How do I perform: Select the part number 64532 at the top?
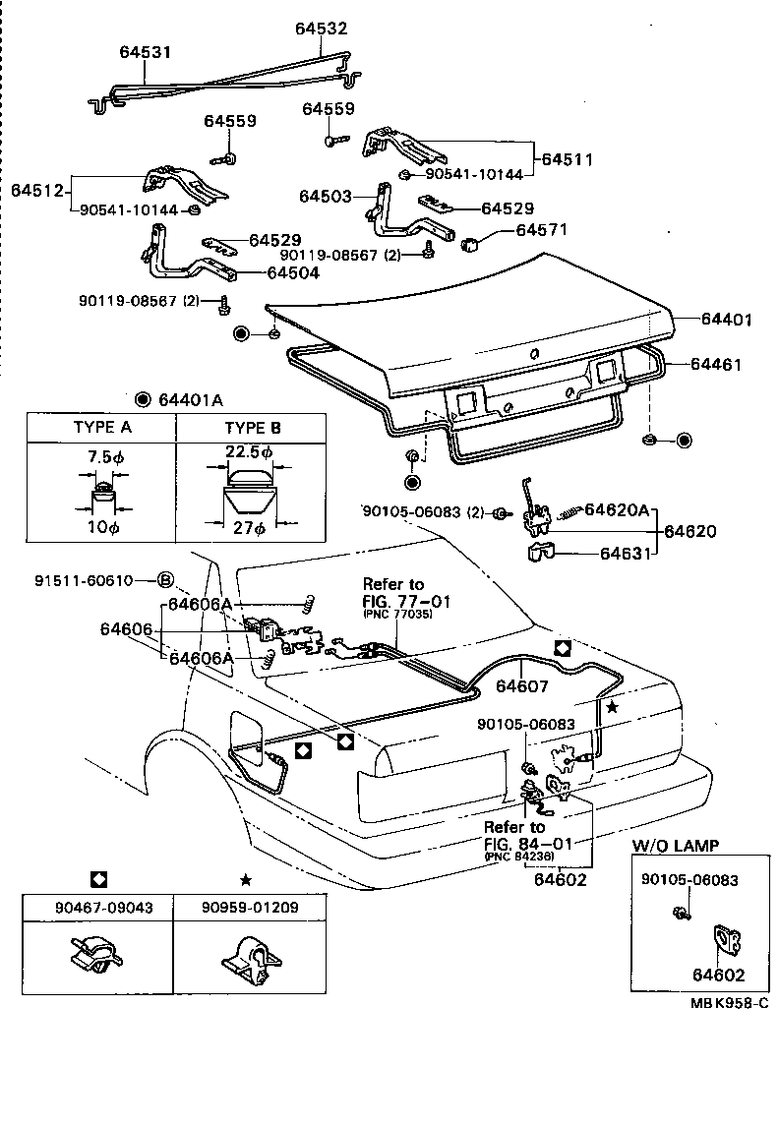322,29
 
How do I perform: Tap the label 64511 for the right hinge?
565,158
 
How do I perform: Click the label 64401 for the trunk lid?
727,319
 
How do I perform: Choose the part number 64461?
715,365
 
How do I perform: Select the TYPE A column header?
102,428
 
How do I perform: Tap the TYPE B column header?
253,428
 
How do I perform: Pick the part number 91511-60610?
105,580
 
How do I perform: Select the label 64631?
626,554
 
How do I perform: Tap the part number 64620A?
618,509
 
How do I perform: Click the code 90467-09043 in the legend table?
97,907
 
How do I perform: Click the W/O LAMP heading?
675,845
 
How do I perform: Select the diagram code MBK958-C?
728,1002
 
